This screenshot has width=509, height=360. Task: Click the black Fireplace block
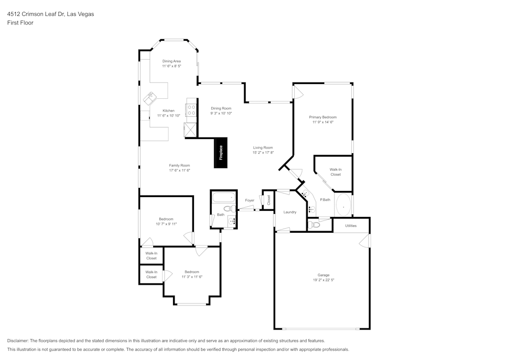(221, 153)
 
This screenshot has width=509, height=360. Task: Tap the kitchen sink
(151, 96)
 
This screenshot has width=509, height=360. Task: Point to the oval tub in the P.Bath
(344, 206)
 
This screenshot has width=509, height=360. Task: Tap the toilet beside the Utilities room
(314, 224)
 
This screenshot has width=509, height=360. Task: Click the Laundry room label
(290, 212)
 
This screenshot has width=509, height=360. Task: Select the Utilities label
(351, 226)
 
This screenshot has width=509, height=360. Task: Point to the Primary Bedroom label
(323, 117)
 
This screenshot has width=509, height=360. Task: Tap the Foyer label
(249, 200)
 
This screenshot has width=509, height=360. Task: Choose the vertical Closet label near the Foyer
(269, 200)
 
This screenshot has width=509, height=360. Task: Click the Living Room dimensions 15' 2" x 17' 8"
(263, 153)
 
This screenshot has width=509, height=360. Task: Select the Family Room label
(179, 165)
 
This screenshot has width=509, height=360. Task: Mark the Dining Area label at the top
(172, 61)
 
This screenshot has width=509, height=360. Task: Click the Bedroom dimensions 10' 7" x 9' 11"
(166, 224)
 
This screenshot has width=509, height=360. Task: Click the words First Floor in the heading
(20, 23)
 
